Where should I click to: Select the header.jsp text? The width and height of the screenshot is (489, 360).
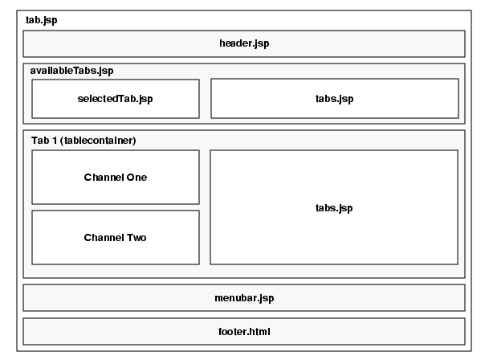tap(244, 43)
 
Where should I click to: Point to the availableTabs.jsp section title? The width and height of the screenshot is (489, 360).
tap(71, 72)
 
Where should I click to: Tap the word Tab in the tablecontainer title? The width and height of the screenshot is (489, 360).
tap(40, 140)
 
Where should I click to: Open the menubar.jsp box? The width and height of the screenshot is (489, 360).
tap(244, 297)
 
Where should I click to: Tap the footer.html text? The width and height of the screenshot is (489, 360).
tap(244, 331)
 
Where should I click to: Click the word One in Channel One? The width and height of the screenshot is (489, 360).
tap(136, 177)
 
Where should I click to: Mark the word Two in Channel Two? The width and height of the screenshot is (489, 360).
tap(136, 237)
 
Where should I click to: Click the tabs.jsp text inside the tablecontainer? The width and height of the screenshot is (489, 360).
tap(334, 208)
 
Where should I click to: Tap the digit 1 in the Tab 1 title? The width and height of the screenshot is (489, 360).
tap(55, 140)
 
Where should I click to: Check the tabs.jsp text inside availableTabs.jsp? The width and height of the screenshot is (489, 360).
tap(334, 99)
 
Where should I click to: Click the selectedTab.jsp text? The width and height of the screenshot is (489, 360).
tap(116, 99)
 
